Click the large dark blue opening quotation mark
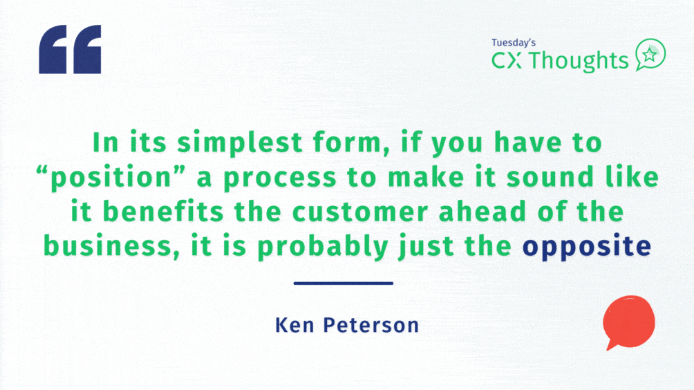coord(70,49)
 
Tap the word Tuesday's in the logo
coord(514,43)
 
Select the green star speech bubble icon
coord(650,55)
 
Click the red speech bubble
coord(628,322)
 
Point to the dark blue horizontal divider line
coord(344,284)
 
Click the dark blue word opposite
coord(587,247)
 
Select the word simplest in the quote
coord(240,143)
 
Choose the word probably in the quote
coord(323,247)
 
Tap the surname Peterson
coord(371,325)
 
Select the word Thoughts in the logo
coord(579,61)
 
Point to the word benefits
coord(163,212)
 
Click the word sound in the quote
coord(550,177)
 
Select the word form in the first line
coord(351,143)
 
